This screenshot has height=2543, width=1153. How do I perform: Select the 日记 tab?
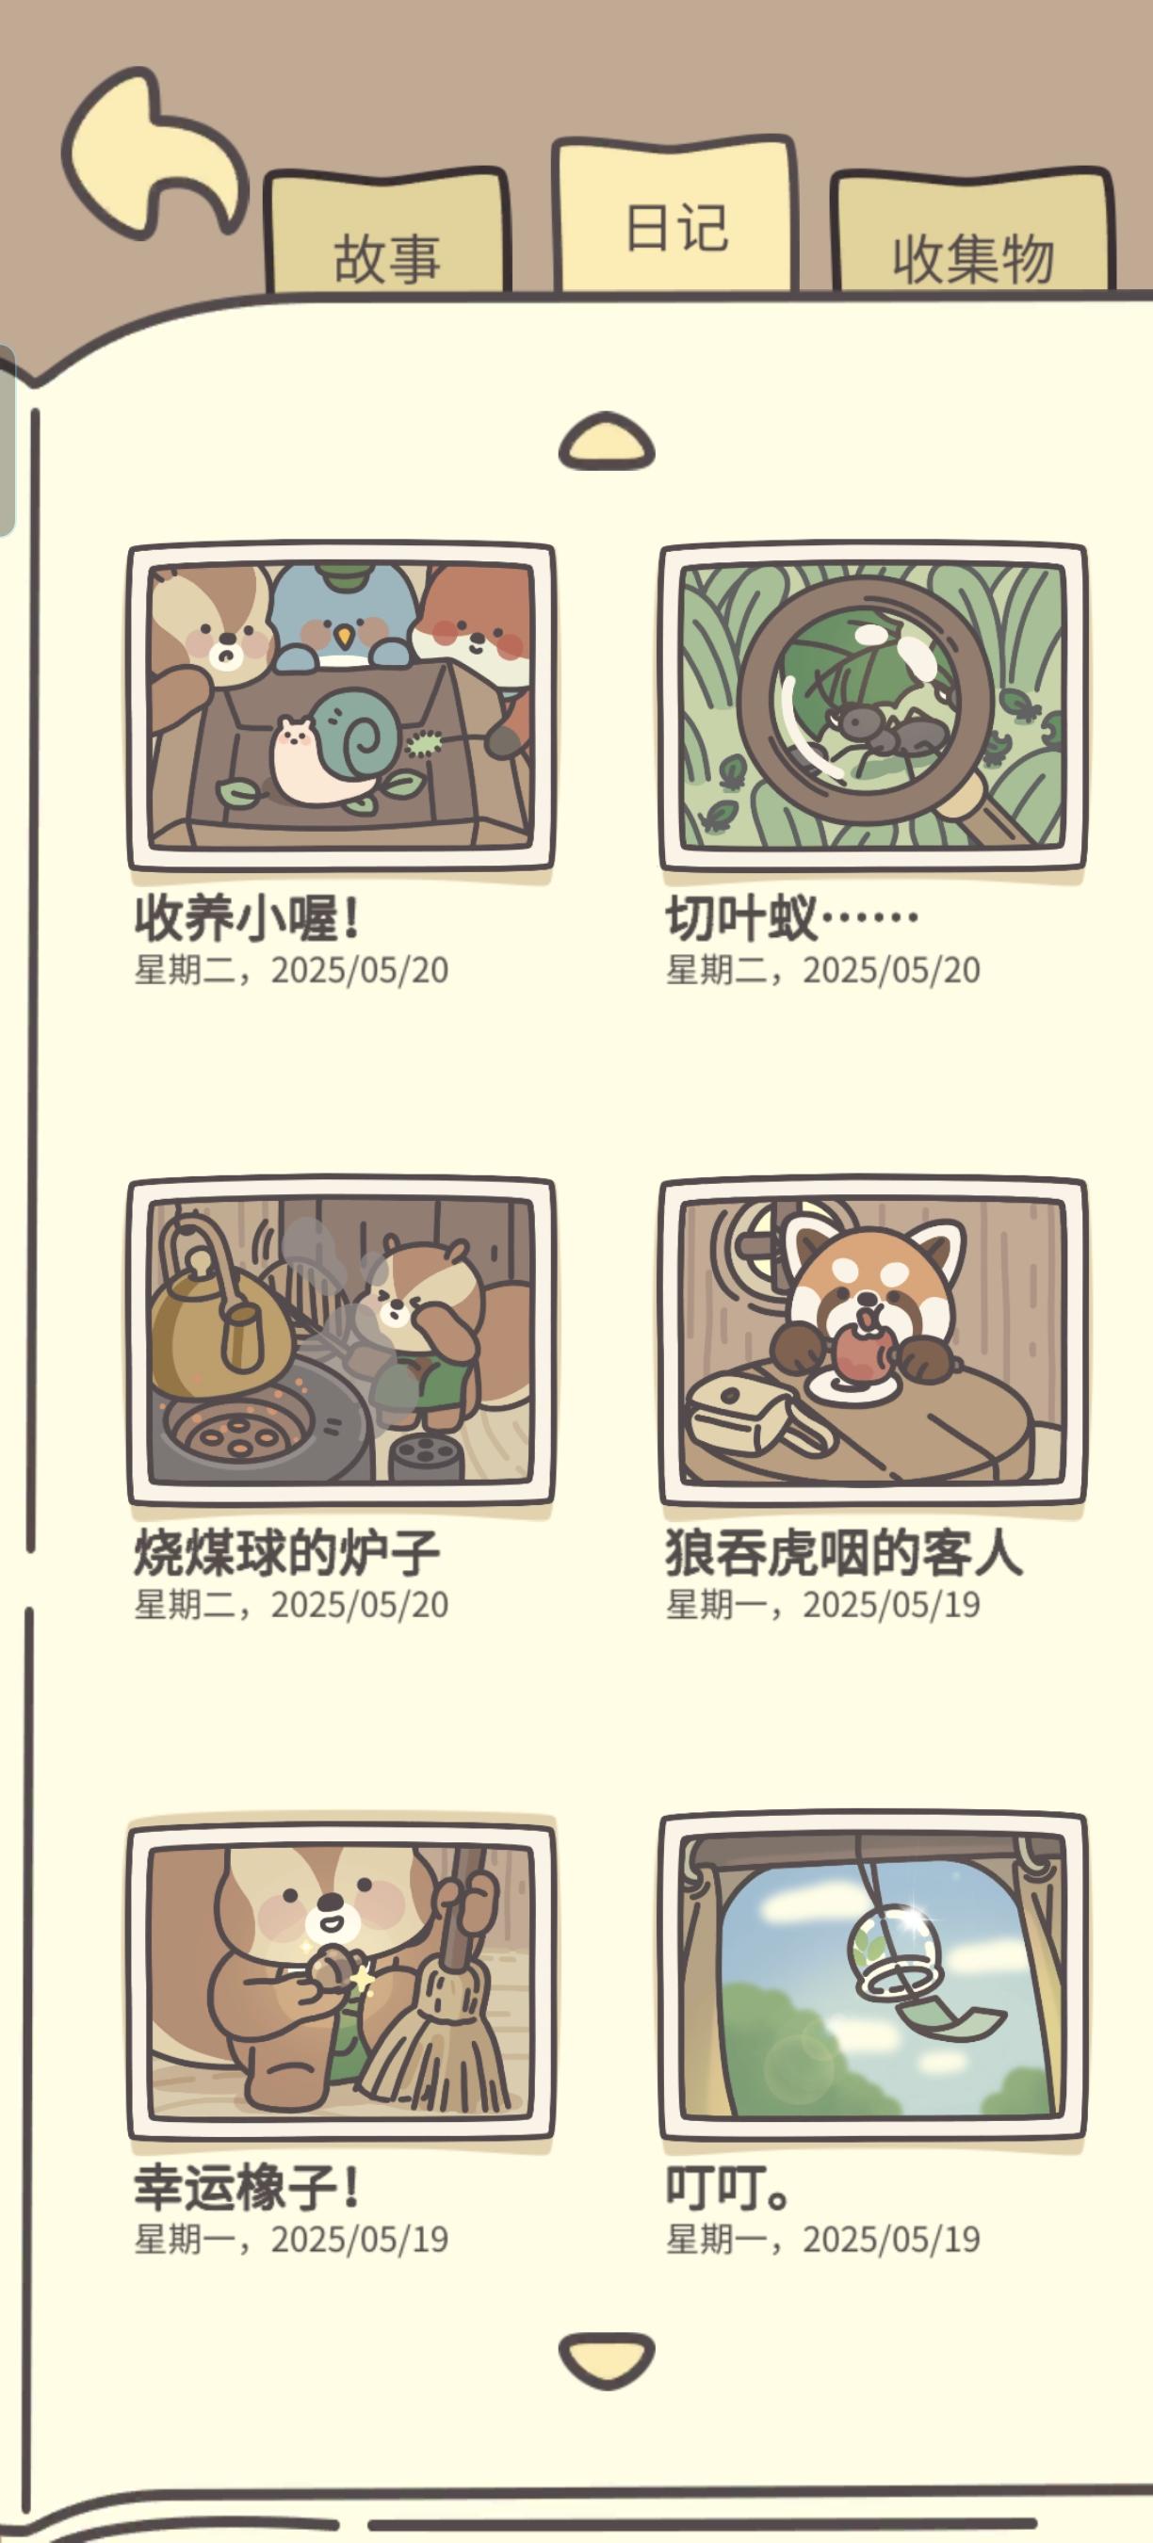[x=675, y=215]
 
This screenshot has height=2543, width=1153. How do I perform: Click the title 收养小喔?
[x=247, y=918]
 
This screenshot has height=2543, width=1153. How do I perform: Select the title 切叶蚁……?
[x=791, y=918]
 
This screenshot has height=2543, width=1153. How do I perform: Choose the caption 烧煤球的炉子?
[x=286, y=1552]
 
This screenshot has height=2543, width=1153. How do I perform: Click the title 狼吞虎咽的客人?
[x=844, y=1552]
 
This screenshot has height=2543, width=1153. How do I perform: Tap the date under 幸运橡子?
[x=291, y=2239]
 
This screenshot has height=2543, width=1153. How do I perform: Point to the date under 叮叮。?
[x=823, y=2239]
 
